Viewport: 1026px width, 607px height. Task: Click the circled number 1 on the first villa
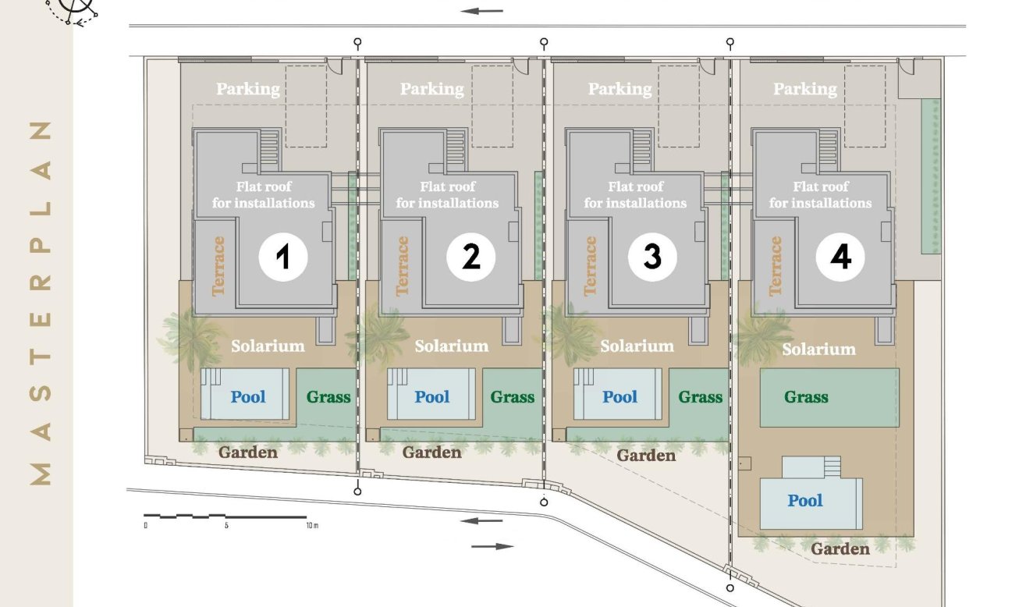pos(283,257)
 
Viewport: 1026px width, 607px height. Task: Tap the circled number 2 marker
pos(470,257)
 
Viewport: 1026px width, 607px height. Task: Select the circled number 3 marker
pos(652,257)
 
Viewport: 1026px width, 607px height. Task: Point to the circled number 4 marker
pos(840,257)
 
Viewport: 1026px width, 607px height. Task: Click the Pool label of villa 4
pos(804,500)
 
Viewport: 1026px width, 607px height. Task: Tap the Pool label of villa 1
pos(248,396)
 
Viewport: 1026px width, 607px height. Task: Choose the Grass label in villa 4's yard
pos(806,396)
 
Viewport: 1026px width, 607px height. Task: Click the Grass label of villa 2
pos(512,396)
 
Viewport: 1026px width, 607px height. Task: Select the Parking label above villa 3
pos(620,89)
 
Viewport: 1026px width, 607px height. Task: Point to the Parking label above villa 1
pos(248,89)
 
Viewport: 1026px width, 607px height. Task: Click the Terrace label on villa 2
pos(403,266)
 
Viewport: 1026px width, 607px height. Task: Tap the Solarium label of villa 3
pos(637,346)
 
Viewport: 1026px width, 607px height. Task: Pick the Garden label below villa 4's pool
pos(840,548)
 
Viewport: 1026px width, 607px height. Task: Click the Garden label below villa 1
pos(248,453)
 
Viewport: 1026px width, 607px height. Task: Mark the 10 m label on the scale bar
pos(312,525)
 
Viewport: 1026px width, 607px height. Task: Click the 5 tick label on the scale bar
pos(226,525)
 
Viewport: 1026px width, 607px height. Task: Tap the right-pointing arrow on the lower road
pos(492,546)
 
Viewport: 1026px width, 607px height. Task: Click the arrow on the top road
pos(481,11)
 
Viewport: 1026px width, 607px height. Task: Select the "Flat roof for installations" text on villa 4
pos(820,195)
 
